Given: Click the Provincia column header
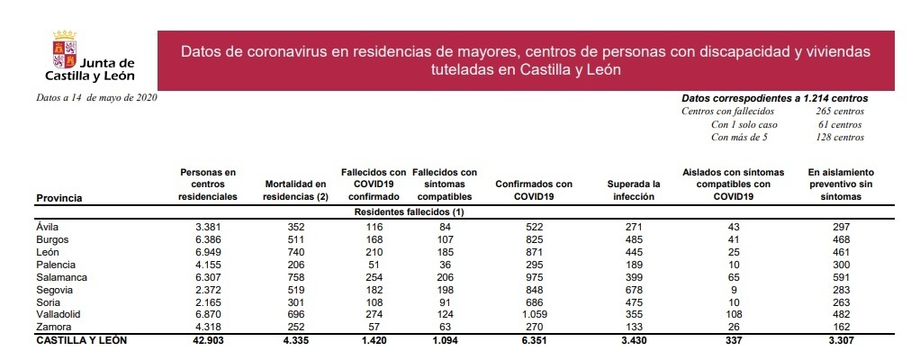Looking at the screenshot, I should (60, 196).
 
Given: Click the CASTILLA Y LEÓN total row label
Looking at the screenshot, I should (81, 341).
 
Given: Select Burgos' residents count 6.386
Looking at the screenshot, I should (207, 240).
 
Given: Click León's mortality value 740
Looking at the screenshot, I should (295, 253).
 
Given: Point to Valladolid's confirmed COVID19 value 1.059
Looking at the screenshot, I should (534, 316).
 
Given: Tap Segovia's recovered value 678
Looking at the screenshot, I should (634, 291).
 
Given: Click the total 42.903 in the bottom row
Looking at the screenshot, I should (207, 342).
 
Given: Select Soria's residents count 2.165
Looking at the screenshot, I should (207, 303).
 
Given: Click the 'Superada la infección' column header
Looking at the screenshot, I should (634, 190).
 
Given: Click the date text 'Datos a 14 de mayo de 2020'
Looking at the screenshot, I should (97, 97).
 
